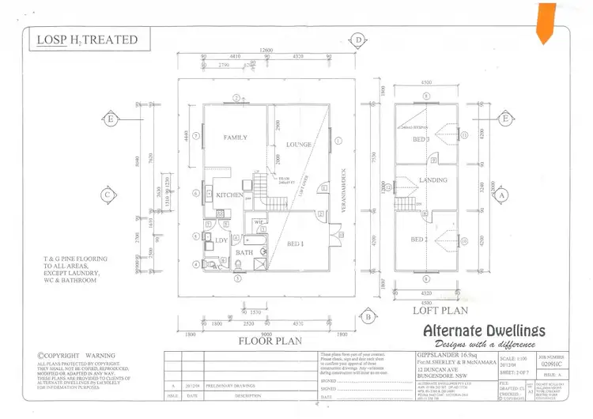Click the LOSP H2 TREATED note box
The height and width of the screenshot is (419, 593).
coord(88,40)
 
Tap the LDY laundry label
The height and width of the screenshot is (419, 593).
coord(222,240)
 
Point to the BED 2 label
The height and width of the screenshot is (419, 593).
coord(420,240)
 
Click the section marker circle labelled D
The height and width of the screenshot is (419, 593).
coord(358,40)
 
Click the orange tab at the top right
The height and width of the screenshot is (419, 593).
coord(546,21)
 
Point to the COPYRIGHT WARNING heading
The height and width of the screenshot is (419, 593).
coord(76,356)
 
